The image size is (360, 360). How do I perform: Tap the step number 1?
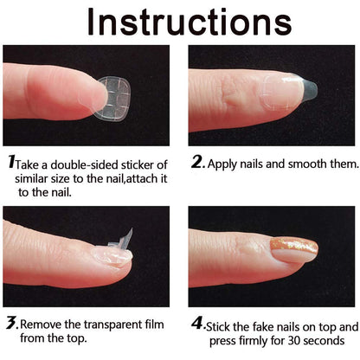pos(11,161)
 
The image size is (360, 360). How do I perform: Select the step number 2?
pos(196,161)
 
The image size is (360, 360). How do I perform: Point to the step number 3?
pos(11,325)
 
